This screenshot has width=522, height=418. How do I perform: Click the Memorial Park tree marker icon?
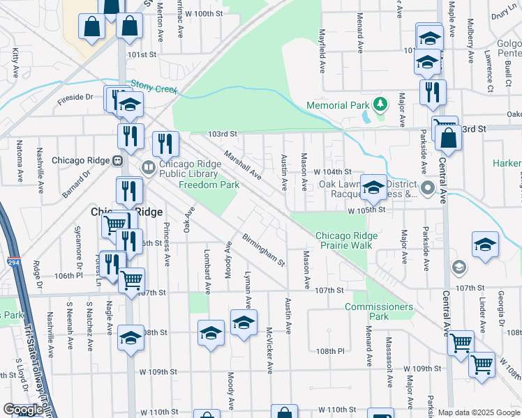(380, 105)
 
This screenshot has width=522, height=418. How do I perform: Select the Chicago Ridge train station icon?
(117, 160)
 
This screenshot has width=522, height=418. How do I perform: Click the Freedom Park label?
(209, 185)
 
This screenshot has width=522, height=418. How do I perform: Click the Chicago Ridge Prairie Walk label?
(346, 241)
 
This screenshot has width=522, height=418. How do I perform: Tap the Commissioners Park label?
(378, 311)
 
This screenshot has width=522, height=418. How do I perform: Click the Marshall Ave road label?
(241, 164)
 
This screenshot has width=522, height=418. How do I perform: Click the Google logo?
(22, 410)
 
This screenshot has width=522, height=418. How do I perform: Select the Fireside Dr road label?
(75, 98)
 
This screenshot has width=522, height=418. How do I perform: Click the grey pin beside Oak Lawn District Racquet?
(428, 187)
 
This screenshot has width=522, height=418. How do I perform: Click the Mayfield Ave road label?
(323, 54)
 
